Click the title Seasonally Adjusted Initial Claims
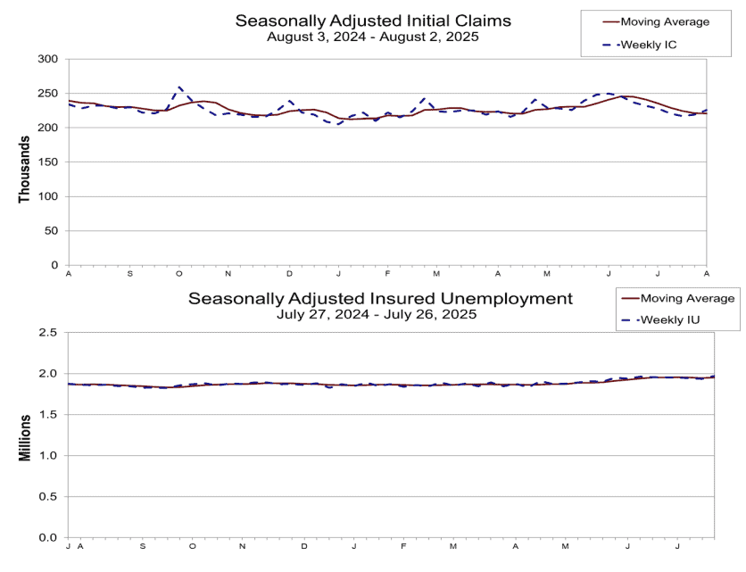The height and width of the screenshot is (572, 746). [x=373, y=21]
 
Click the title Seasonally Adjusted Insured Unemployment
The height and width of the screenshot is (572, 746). [x=380, y=298]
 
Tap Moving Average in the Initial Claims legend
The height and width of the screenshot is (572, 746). [x=665, y=22]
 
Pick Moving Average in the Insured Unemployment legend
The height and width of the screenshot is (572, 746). [x=687, y=298]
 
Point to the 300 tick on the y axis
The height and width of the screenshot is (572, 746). [x=47, y=59]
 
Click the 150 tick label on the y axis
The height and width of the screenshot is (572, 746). [x=47, y=162]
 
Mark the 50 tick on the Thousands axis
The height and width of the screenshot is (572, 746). [x=51, y=231]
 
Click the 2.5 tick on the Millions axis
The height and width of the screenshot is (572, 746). [x=46, y=332]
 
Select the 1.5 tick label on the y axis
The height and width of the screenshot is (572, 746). [x=46, y=414]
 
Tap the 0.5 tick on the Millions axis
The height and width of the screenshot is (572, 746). [x=46, y=496]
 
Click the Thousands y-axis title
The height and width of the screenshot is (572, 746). [x=24, y=170]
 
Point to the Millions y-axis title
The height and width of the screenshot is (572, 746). [x=24, y=438]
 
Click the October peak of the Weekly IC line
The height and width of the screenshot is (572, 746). [x=179, y=87]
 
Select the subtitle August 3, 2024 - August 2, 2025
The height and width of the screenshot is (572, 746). [x=372, y=37]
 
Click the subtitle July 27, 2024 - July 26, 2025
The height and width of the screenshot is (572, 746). [x=377, y=314]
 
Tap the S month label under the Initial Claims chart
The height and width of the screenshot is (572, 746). [x=130, y=274]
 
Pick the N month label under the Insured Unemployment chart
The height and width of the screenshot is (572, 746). [x=242, y=546]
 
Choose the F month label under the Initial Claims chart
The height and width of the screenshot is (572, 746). [x=388, y=274]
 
